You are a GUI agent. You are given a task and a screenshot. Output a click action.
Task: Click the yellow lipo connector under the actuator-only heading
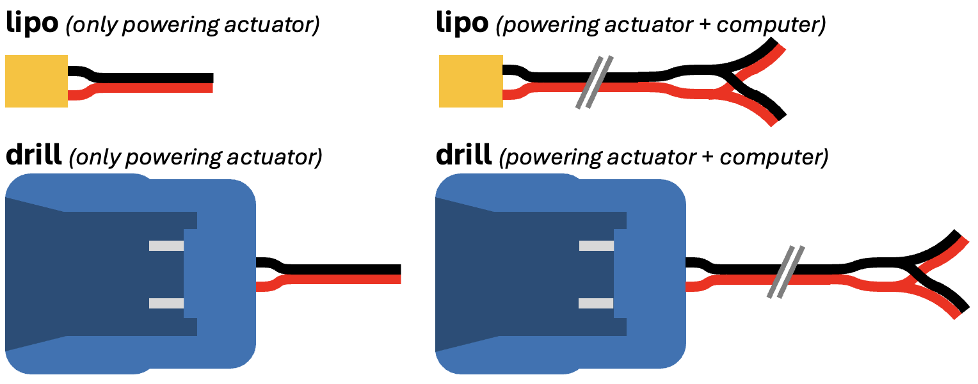coord(36,81)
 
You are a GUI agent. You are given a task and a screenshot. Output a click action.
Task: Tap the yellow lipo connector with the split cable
coord(471,81)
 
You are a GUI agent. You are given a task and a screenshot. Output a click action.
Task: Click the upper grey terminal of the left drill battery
coord(166,246)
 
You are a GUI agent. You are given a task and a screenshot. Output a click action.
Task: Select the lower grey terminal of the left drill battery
coord(166,303)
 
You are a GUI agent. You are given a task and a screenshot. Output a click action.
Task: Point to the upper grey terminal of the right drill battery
coord(597,246)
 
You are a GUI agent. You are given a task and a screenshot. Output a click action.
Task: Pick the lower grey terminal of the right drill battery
coord(597,303)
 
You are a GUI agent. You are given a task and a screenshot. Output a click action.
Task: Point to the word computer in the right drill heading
coord(780,156)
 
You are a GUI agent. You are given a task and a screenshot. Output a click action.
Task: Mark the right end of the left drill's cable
coord(397,275)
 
